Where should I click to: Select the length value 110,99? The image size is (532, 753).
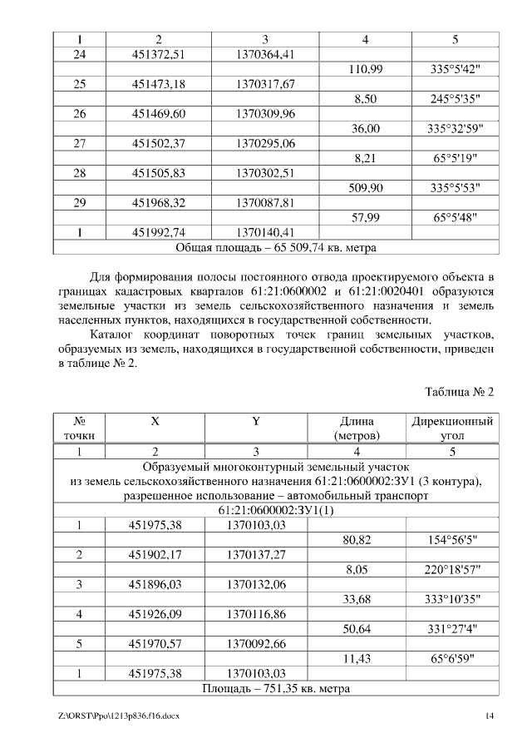tap(365, 70)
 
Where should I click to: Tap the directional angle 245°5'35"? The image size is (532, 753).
tap(453, 99)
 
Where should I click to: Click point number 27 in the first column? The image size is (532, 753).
tap(80, 143)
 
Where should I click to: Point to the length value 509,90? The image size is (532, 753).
tap(365, 189)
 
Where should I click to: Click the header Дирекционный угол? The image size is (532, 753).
tap(452, 428)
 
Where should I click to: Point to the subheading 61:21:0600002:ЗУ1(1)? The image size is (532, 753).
tap(275, 510)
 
